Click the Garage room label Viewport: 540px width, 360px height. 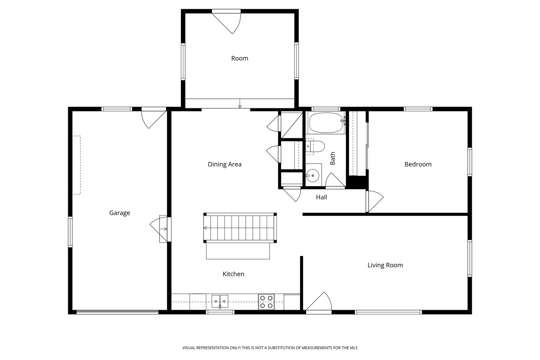coord(119,213)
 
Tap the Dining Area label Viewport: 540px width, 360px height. coord(225,164)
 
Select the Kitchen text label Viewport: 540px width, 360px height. coord(233,274)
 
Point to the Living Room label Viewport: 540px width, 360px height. coord(385,265)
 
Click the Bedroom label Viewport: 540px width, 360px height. coord(418,164)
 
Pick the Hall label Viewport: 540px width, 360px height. coord(322,197)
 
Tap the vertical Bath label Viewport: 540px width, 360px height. coord(333,158)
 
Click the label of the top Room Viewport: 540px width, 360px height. coord(240,58)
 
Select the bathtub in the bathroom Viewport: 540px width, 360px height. coord(326,123)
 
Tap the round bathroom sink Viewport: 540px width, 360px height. coord(313,176)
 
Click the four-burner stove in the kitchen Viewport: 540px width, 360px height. coord(266,302)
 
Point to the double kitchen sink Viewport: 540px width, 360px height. coord(220,301)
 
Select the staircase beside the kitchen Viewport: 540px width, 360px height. coord(240,228)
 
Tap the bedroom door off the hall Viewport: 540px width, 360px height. coord(375,201)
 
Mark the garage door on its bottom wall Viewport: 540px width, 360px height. coord(117,312)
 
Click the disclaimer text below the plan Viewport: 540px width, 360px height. coord(270,348)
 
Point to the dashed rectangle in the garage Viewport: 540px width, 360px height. coord(77,165)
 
